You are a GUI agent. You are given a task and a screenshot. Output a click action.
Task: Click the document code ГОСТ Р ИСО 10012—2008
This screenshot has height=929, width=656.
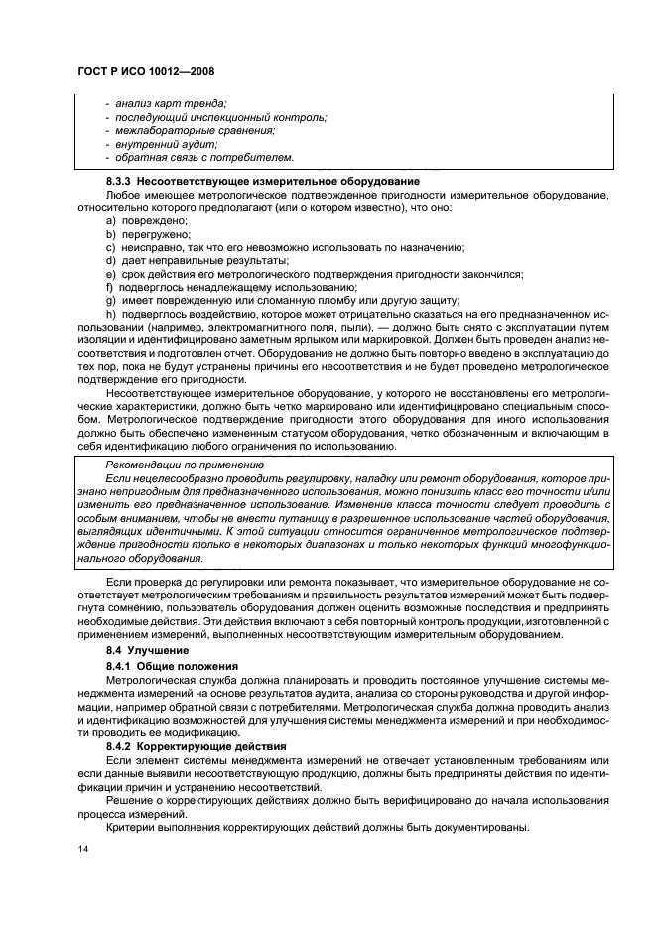[146, 71]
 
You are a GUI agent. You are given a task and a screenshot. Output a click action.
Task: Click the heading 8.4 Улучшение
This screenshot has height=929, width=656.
[148, 648]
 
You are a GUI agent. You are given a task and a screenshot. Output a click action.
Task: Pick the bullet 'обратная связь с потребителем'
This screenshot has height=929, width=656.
[204, 157]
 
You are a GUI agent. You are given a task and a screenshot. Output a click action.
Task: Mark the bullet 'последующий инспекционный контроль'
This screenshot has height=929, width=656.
[220, 117]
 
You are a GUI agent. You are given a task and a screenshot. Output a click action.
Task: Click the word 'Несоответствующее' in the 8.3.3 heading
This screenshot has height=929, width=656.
[194, 181]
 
